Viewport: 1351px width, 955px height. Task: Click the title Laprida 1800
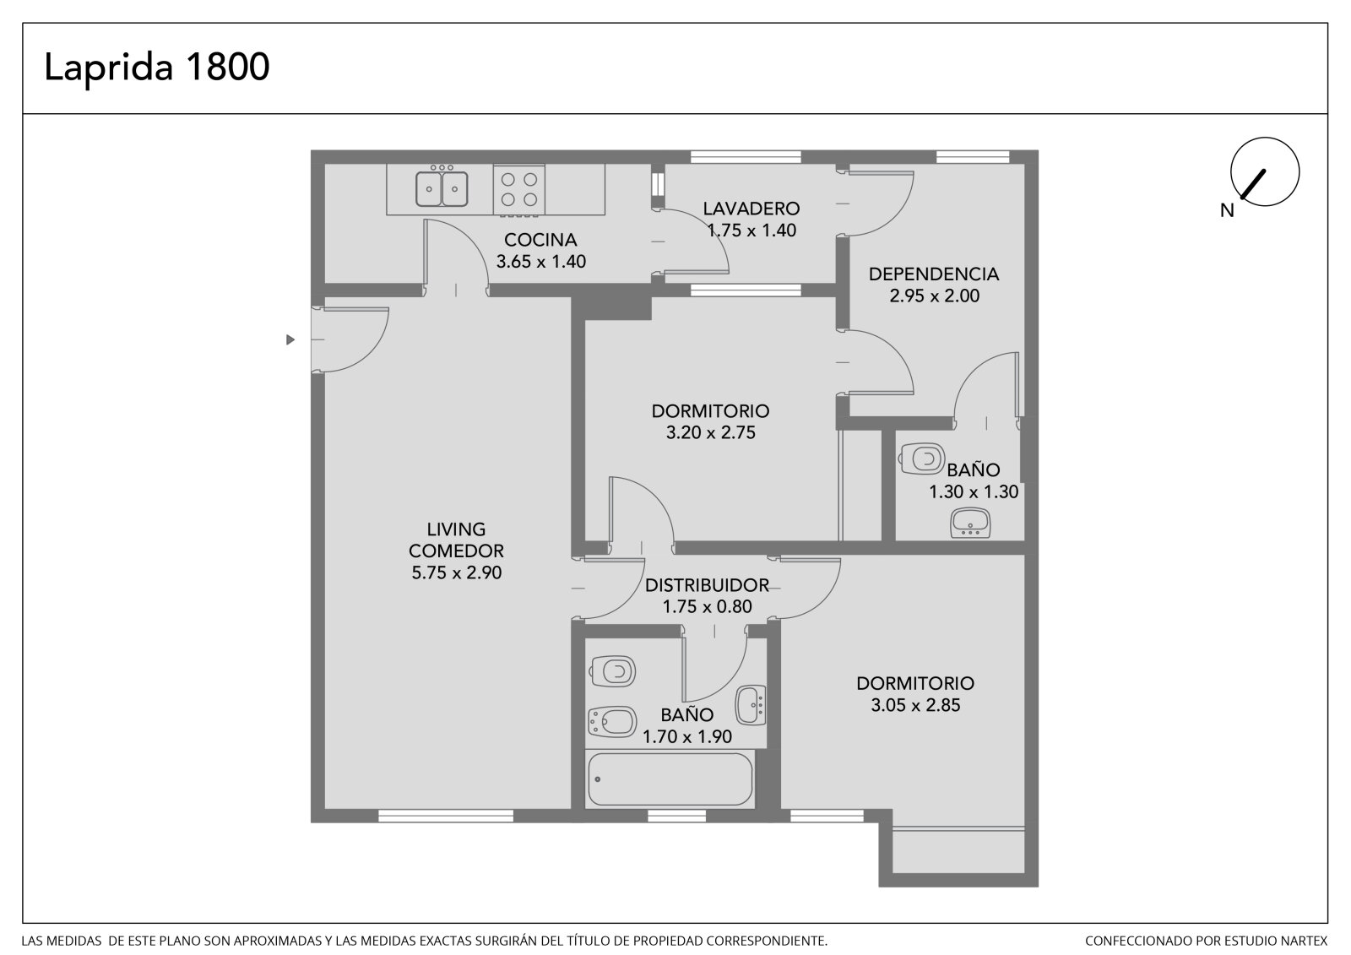tap(157, 68)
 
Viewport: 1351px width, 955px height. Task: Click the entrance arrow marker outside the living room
tap(290, 339)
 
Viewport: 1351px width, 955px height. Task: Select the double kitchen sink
tap(442, 189)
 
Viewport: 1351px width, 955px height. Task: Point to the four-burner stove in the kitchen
tap(519, 189)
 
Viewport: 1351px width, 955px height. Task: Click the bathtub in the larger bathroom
tap(670, 779)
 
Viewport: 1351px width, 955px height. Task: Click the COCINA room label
tap(540, 240)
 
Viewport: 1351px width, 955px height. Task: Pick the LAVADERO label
tap(751, 209)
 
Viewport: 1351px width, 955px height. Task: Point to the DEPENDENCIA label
tap(934, 274)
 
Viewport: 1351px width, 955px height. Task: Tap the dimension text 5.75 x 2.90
tap(457, 572)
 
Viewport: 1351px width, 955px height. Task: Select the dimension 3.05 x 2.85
tap(915, 705)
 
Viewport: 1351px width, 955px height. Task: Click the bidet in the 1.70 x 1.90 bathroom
tap(612, 722)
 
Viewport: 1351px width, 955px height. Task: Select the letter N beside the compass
tap(1227, 210)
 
